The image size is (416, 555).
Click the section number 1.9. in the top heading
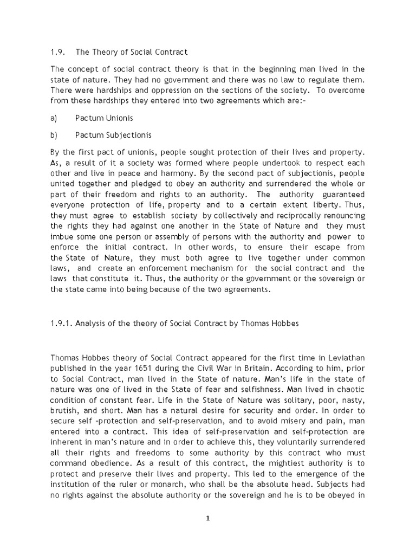click(x=58, y=52)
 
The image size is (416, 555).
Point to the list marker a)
click(x=54, y=118)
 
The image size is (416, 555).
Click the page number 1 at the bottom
click(x=207, y=518)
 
